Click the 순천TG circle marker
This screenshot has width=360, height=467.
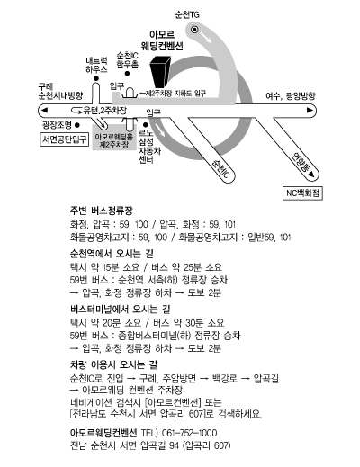pyautogui.click(x=194, y=30)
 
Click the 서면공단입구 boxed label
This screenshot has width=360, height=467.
pyautogui.click(x=65, y=139)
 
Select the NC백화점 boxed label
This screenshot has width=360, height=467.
pyautogui.click(x=302, y=193)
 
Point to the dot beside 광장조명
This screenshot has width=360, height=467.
pyautogui.click(x=77, y=125)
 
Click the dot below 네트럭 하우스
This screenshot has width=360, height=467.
pyautogui.click(x=96, y=78)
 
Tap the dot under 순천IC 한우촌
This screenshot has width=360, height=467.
pyautogui.click(x=127, y=74)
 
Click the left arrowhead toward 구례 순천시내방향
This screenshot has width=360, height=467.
pyautogui.click(x=44, y=111)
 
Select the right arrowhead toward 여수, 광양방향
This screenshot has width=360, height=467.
pyautogui.click(x=310, y=111)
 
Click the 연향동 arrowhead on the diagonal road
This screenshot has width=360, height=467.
pyautogui.click(x=311, y=175)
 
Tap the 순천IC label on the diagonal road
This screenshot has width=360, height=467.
pyautogui.click(x=221, y=169)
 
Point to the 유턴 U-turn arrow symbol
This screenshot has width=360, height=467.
pyautogui.click(x=76, y=111)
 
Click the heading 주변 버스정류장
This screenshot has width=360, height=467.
pyautogui.click(x=101, y=211)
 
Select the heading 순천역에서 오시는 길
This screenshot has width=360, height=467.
pyautogui.click(x=112, y=254)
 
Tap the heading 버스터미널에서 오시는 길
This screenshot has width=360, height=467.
pyautogui.click(x=120, y=309)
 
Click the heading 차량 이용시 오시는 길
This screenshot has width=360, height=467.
pyautogui.click(x=113, y=364)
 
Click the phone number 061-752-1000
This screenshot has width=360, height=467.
pyautogui.click(x=189, y=433)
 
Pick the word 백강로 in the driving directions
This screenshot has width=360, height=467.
pyautogui.click(x=224, y=378)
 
